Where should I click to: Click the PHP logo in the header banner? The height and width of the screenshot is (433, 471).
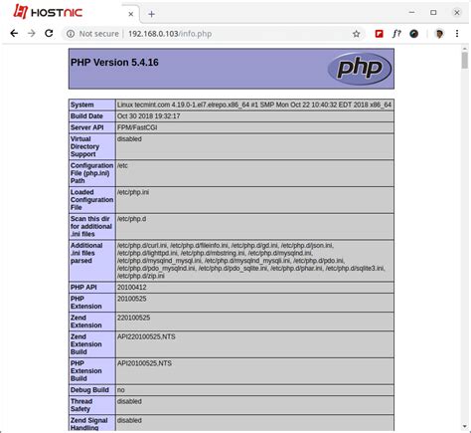(359, 69)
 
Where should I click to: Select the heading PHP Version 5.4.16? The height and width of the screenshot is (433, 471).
(114, 61)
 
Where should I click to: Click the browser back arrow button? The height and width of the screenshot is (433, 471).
(13, 33)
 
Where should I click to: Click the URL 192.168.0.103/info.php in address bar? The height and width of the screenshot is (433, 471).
(169, 34)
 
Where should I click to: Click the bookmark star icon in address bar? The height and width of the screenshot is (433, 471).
(356, 34)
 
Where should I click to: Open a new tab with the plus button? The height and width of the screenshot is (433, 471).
(152, 14)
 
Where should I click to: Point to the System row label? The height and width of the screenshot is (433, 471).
(82, 105)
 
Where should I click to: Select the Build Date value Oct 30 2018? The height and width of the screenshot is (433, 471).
(148, 115)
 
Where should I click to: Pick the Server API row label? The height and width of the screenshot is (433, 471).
(87, 126)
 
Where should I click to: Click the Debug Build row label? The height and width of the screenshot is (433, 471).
(90, 390)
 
